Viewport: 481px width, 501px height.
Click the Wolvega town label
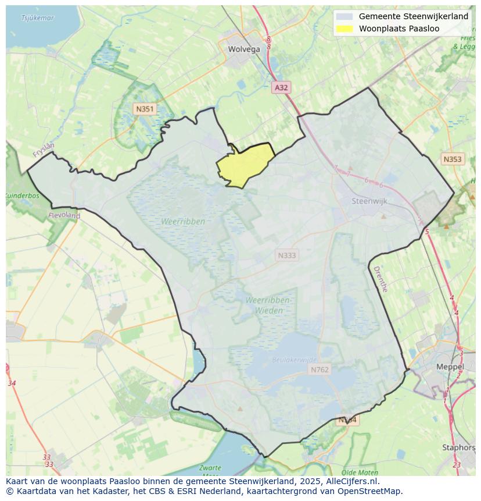pos(244,49)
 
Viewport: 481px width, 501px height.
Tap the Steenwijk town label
pos(369,201)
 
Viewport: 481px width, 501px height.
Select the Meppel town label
pos(450,367)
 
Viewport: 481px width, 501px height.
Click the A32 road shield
pos(281,87)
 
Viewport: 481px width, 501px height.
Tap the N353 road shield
pos(453,159)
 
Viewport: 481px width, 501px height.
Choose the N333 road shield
pos(286,255)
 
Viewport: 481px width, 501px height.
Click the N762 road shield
pos(320,369)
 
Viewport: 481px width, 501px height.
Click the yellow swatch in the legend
pos(344,29)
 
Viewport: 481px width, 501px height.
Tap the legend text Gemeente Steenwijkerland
pos(413,16)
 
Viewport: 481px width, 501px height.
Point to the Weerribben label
pos(183,222)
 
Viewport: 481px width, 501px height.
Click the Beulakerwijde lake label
pos(295,360)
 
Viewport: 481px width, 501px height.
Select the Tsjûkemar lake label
pos(37,18)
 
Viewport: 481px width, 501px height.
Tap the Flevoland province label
pos(65,215)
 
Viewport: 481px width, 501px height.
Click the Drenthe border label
pos(380,279)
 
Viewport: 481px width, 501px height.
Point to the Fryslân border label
pos(44,150)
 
